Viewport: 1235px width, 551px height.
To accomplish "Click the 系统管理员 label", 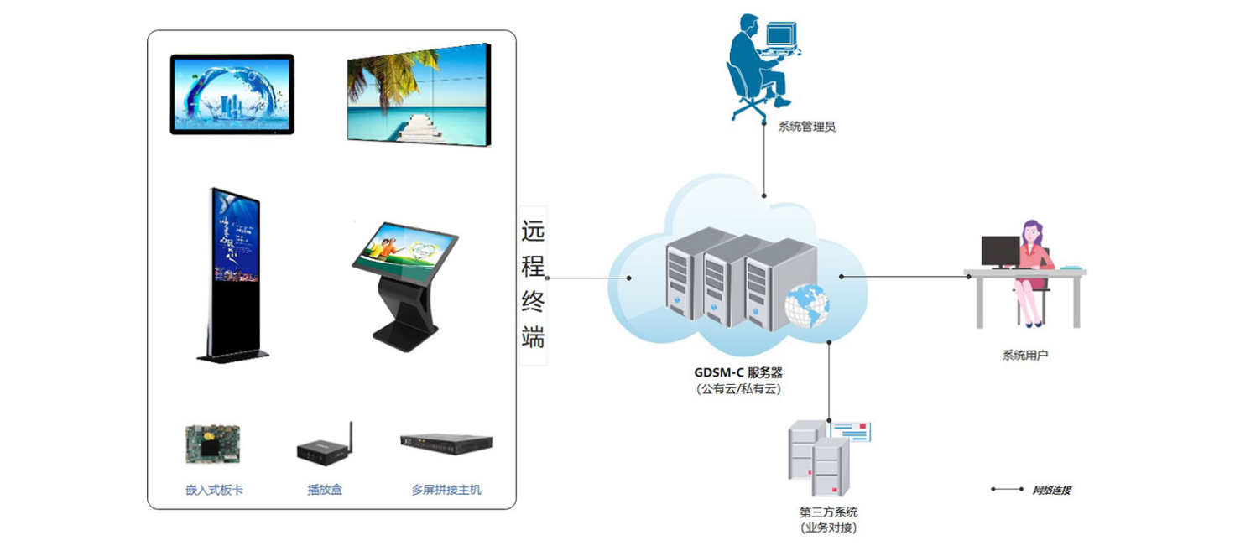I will [806, 127].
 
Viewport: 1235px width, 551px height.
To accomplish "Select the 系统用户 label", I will [1024, 356].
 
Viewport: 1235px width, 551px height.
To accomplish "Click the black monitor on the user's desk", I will [999, 250].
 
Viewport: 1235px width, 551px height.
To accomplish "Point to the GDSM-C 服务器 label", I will [738, 373].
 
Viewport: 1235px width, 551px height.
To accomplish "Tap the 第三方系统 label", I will [828, 512].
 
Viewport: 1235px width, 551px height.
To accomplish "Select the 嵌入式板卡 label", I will [214, 490].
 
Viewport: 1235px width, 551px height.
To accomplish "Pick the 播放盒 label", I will [325, 490].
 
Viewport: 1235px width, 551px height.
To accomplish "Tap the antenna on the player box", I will [351, 434].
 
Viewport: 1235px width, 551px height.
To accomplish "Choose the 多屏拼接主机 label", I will [446, 490].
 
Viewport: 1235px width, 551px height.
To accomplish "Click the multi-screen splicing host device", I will [446, 444].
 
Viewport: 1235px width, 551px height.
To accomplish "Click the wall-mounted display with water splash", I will [232, 94].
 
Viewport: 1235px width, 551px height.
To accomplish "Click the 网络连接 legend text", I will [1051, 490].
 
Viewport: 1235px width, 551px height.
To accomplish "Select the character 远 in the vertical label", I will [533, 231].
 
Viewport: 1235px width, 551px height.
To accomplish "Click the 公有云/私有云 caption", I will [738, 389].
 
